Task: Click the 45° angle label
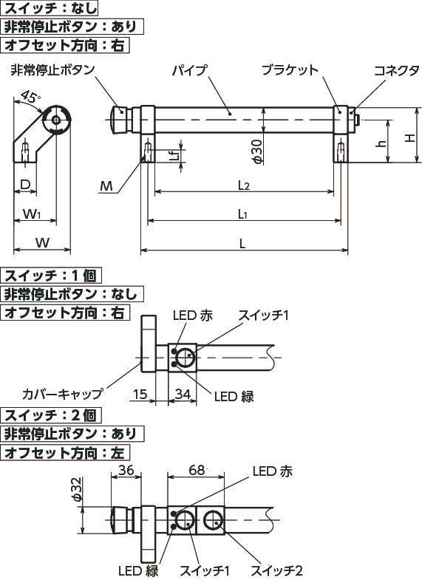[x=30, y=97]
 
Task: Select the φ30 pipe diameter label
[x=258, y=151]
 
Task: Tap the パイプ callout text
[x=190, y=70]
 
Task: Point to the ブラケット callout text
[x=290, y=70]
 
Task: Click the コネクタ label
[x=396, y=70]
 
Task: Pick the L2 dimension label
[x=244, y=185]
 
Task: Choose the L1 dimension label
[x=242, y=214]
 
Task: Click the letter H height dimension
[x=409, y=137]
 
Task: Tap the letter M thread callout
[x=106, y=186]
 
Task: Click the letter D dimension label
[x=25, y=184]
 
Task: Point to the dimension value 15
[x=140, y=395]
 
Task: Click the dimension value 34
[x=183, y=395]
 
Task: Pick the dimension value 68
[x=197, y=470]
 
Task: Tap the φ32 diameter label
[x=78, y=489]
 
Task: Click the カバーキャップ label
[x=62, y=394]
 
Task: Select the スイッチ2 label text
[x=277, y=570]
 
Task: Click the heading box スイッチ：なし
[x=50, y=8]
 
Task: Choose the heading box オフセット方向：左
[x=66, y=452]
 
